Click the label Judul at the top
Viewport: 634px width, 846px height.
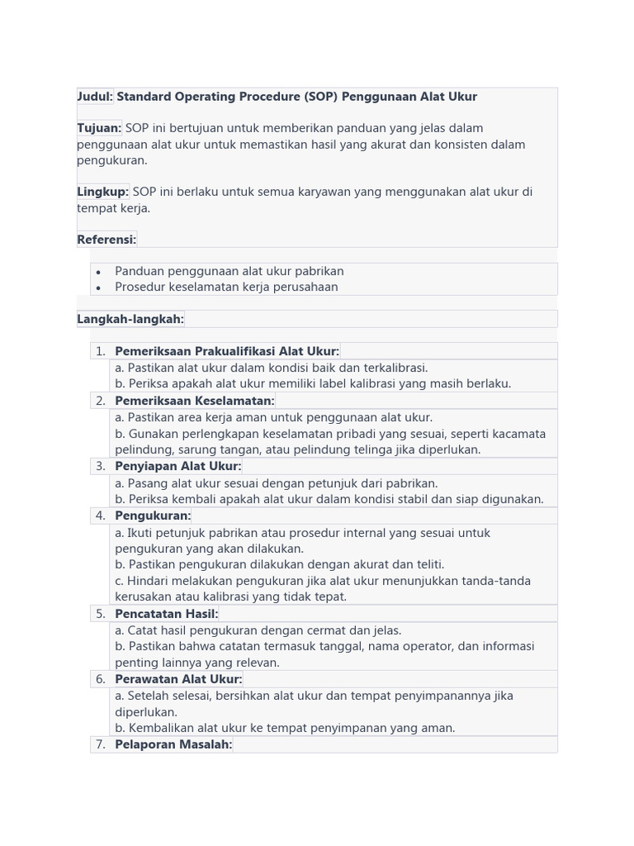(93, 97)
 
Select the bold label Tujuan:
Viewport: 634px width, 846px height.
(99, 128)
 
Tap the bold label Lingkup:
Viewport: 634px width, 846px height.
(102, 192)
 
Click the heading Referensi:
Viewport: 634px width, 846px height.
(106, 240)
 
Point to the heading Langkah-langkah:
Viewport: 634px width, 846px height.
(130, 319)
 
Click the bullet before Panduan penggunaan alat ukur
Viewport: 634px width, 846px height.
(98, 272)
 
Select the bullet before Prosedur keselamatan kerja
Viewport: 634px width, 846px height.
(98, 288)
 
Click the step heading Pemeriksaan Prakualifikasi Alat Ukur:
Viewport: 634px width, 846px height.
(227, 351)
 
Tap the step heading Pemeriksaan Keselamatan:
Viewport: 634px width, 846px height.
(194, 401)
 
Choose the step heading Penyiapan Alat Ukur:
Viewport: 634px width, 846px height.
(177, 466)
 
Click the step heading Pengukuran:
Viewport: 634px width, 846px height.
(153, 516)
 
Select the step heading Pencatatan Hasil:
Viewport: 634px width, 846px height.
(166, 614)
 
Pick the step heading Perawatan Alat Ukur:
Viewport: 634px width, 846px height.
(178, 679)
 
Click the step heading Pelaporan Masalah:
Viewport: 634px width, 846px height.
(173, 744)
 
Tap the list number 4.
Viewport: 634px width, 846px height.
(101, 516)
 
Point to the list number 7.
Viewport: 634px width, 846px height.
(101, 744)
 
